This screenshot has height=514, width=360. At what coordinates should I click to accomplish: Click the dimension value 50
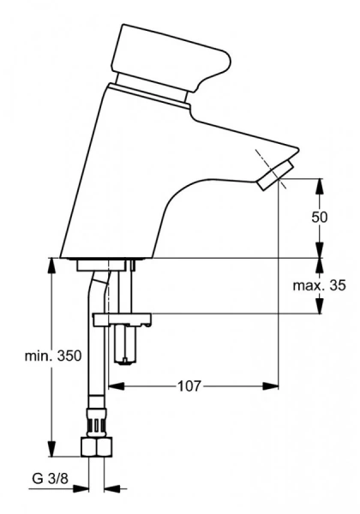(x=319, y=217)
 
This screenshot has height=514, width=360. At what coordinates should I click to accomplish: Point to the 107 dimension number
(x=189, y=385)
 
